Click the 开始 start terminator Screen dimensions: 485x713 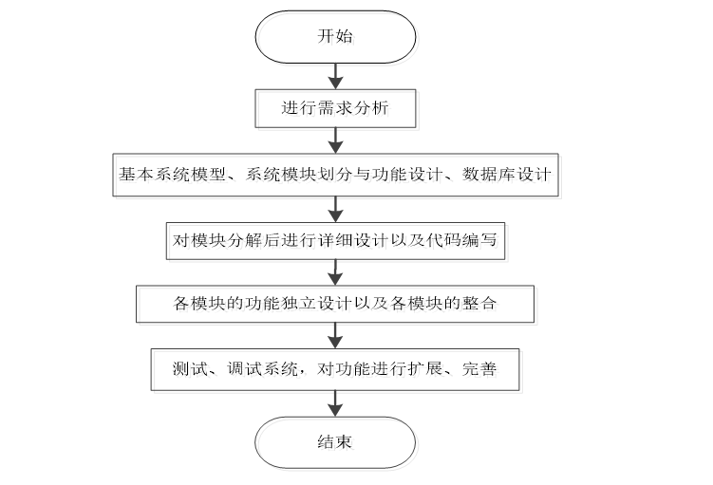[334, 37]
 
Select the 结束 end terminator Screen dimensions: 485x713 [334, 442]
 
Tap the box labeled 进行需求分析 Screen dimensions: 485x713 [335, 108]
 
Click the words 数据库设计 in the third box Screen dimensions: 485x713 [507, 174]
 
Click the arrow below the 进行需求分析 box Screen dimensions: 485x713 [334, 140]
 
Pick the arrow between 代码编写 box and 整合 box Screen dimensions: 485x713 [334, 272]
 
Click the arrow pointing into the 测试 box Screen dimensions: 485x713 [334, 336]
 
